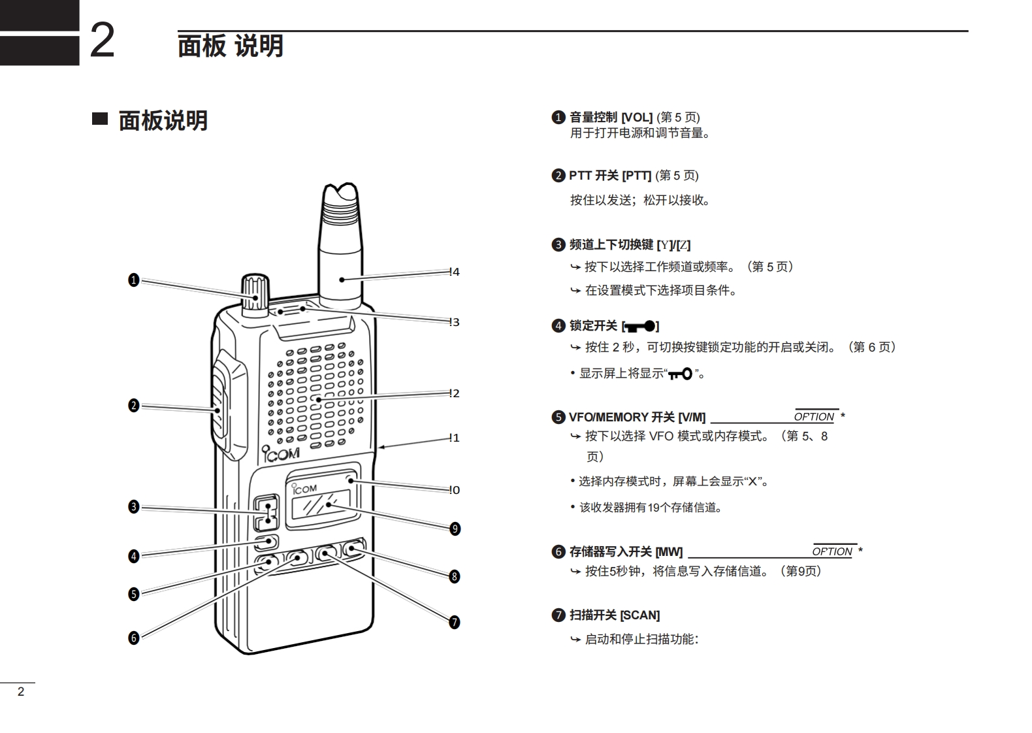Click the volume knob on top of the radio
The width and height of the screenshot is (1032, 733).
pyautogui.click(x=255, y=295)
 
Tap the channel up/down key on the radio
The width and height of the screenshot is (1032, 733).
pyautogui.click(x=266, y=512)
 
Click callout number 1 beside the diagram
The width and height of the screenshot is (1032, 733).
pyautogui.click(x=134, y=280)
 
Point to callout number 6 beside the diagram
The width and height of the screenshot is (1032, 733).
pyautogui.click(x=134, y=638)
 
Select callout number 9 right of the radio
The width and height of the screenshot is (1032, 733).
pyautogui.click(x=455, y=529)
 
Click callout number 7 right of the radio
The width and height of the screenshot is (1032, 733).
pyautogui.click(x=455, y=622)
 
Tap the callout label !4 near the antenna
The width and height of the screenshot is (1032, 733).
pyautogui.click(x=455, y=272)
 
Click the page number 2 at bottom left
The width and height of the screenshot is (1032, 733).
pyautogui.click(x=21, y=692)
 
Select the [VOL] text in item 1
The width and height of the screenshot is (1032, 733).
pyautogui.click(x=636, y=118)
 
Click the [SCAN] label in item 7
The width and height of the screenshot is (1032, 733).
pyautogui.click(x=639, y=615)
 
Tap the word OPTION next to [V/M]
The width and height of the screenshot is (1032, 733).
pyautogui.click(x=814, y=417)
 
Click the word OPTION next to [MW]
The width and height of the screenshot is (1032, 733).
pyautogui.click(x=832, y=551)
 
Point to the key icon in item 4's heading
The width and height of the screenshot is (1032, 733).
pyautogui.click(x=640, y=326)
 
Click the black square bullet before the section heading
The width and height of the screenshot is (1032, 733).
pyautogui.click(x=99, y=119)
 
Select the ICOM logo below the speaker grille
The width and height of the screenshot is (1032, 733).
pyautogui.click(x=282, y=453)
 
